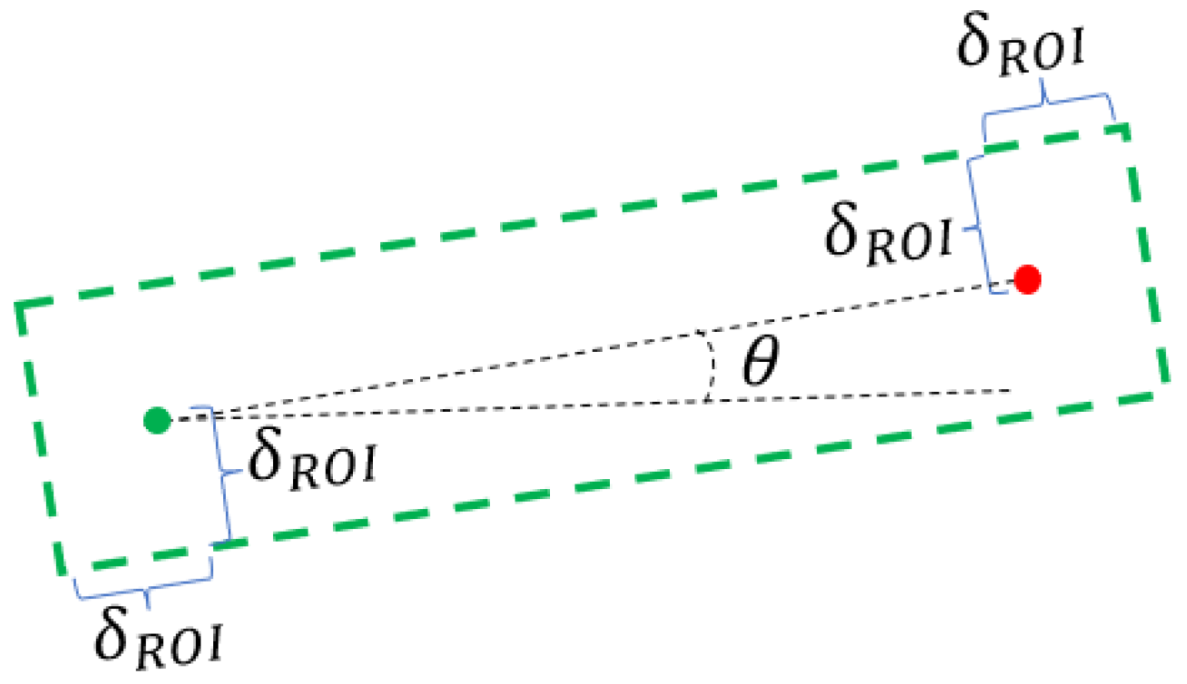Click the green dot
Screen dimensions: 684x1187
[158, 420]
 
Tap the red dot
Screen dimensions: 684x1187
[1027, 279]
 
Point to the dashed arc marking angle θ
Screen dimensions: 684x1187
[711, 366]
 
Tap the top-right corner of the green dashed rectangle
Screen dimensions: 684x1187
[1126, 126]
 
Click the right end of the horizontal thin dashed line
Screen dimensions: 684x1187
[1009, 390]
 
